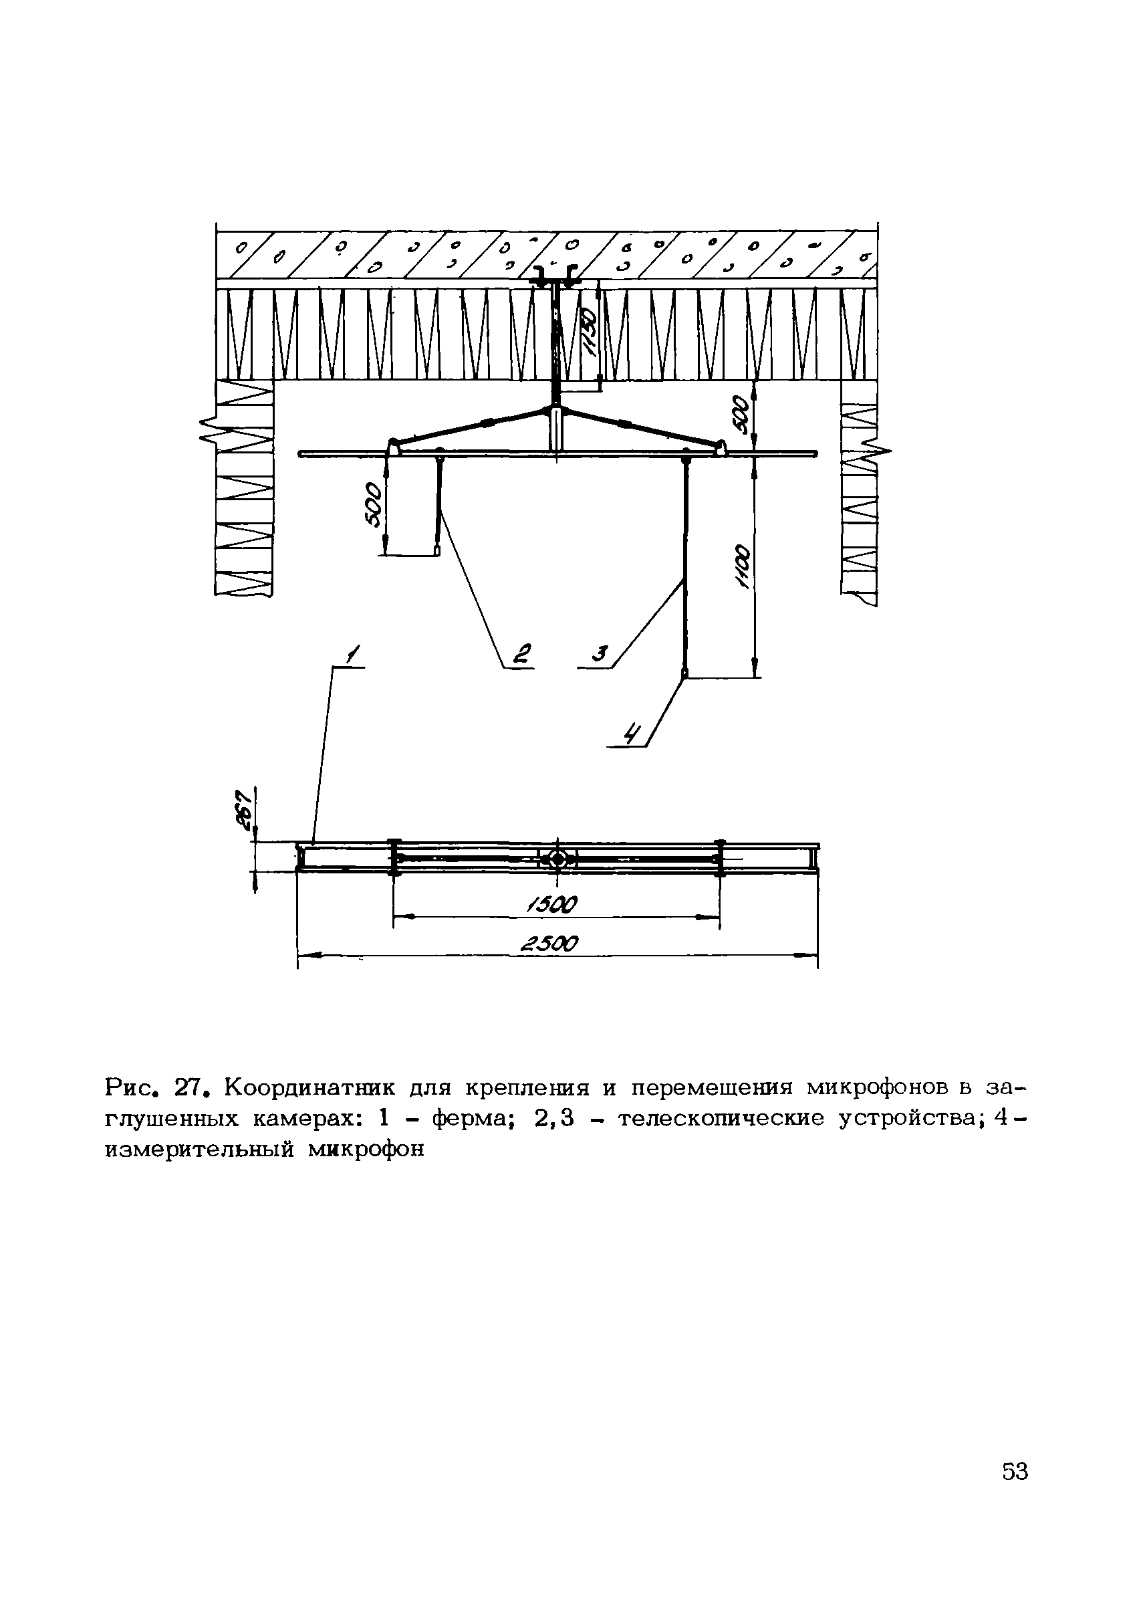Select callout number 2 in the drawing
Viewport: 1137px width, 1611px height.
point(523,654)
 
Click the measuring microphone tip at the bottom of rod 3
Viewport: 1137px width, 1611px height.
point(684,674)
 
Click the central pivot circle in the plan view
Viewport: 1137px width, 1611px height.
point(557,859)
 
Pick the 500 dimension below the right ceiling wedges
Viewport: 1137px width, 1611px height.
point(740,416)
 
